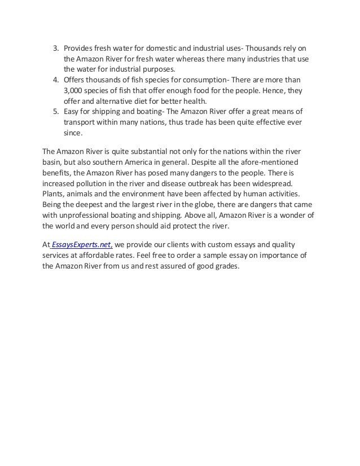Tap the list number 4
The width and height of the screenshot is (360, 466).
[x=55, y=80]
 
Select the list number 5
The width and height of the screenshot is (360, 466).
[x=55, y=112]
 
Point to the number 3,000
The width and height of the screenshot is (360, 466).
[x=73, y=91]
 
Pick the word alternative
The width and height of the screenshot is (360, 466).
[x=114, y=102]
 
